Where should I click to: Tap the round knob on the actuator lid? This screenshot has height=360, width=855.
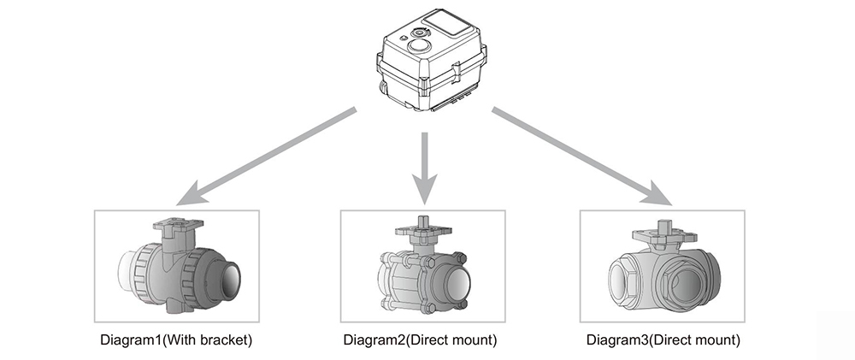pos(419,43)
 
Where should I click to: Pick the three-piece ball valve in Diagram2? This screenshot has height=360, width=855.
pos(423,274)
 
